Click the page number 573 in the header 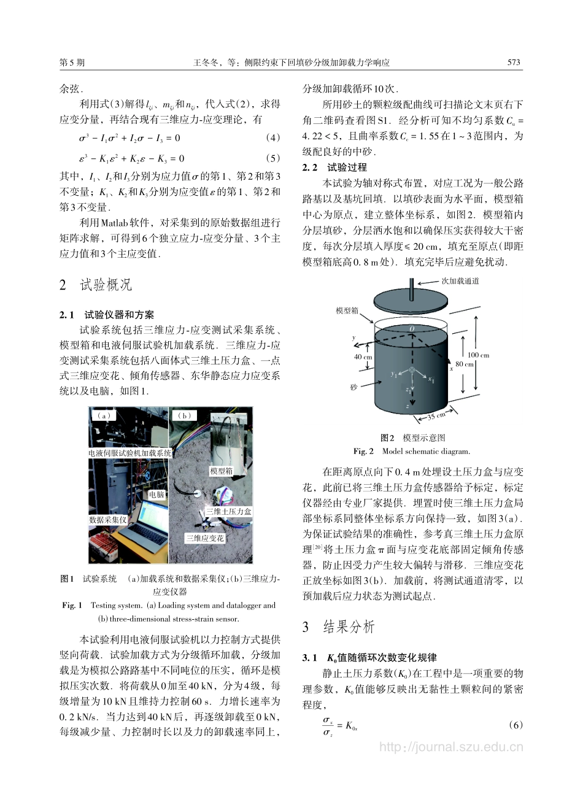(514, 62)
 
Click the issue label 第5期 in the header (72, 62)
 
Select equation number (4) (273, 138)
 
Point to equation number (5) (273, 158)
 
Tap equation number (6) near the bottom (516, 725)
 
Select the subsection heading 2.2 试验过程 (334, 167)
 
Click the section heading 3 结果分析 (338, 626)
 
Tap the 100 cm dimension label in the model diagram (479, 355)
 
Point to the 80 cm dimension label (465, 364)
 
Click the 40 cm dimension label (363, 357)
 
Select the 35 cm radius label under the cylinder (436, 417)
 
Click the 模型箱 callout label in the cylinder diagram (347, 311)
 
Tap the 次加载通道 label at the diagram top (460, 281)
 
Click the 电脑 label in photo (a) (156, 494)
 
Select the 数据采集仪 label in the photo (107, 520)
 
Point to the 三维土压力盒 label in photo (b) (228, 511)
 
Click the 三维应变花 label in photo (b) (205, 538)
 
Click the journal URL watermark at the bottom (451, 747)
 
